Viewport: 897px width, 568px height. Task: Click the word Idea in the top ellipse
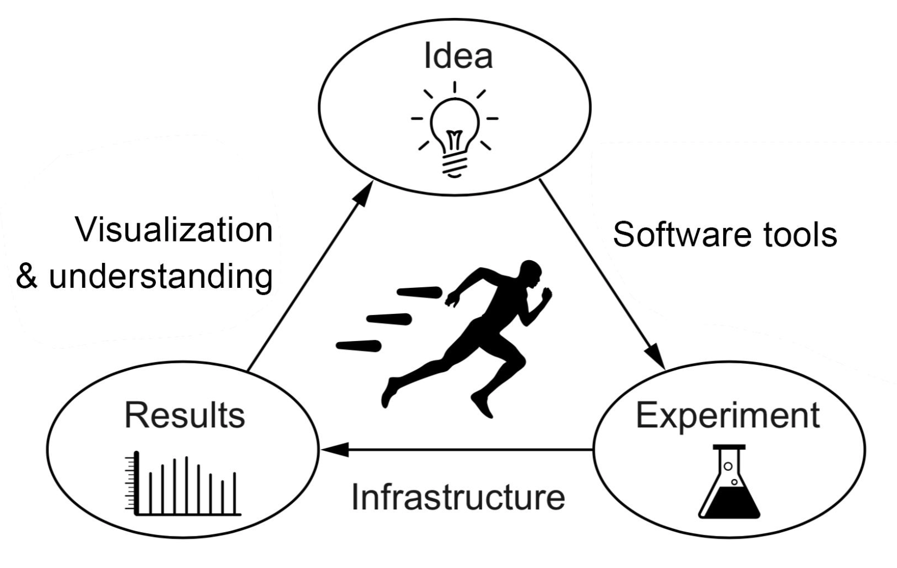pyautogui.click(x=458, y=56)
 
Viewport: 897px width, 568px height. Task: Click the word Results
pyautogui.click(x=185, y=415)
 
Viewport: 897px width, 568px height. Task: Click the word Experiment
pyautogui.click(x=728, y=416)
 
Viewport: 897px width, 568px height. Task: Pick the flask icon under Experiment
pyautogui.click(x=729, y=481)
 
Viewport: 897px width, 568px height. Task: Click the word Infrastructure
pyautogui.click(x=458, y=497)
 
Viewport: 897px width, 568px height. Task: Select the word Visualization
pyautogui.click(x=174, y=230)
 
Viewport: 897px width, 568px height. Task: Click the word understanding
pyautogui.click(x=161, y=277)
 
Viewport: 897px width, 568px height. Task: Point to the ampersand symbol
pyautogui.click(x=27, y=276)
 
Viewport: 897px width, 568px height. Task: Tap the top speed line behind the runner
pyautogui.click(x=420, y=292)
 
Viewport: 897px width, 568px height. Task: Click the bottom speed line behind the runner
pyautogui.click(x=358, y=346)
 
